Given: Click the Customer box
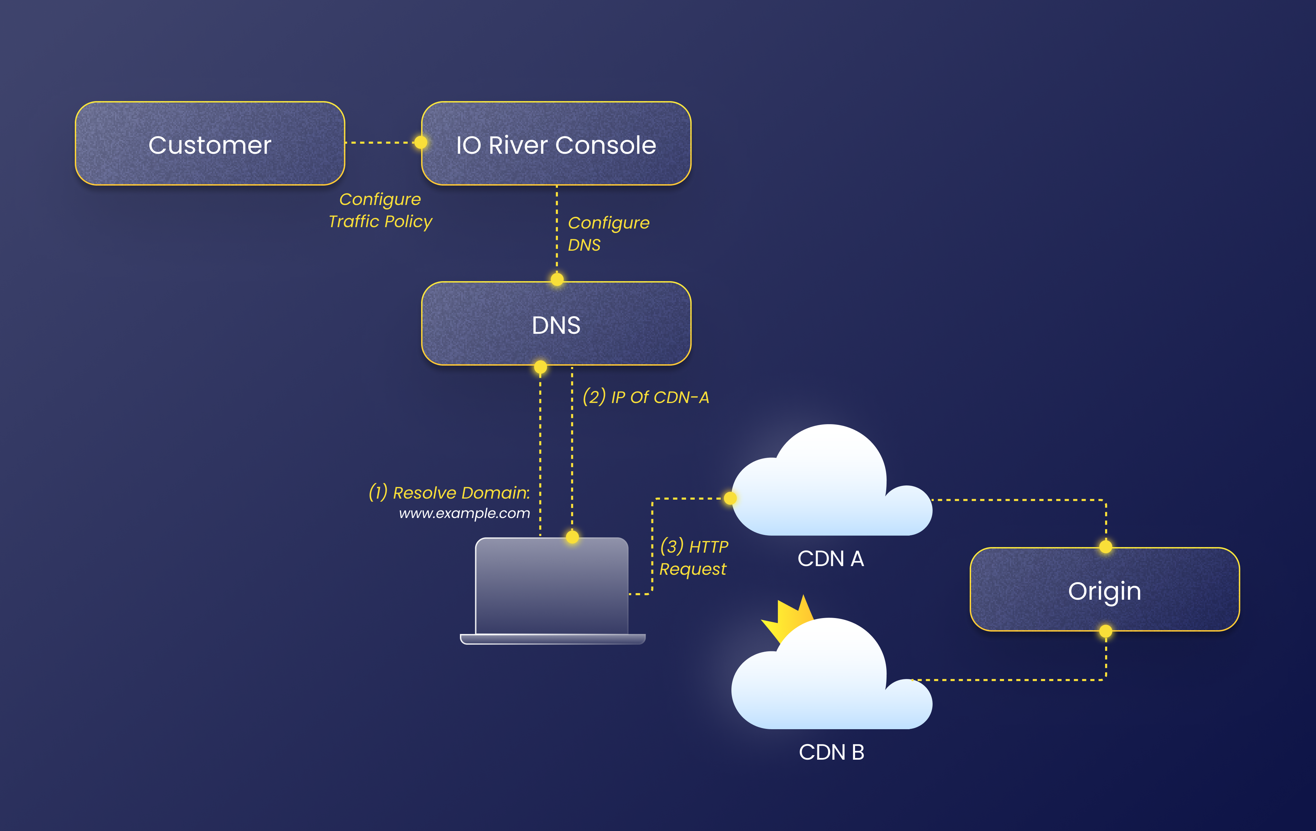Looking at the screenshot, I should tap(210, 144).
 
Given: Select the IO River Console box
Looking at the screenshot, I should tap(556, 144).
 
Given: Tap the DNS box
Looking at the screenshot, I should tap(556, 324).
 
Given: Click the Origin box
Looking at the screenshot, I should tap(1104, 590).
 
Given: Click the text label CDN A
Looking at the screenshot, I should tap(830, 559).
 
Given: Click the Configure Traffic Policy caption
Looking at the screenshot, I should tap(380, 210).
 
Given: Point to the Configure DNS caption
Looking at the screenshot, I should tap(608, 234).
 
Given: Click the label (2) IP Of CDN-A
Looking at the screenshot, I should tap(646, 397).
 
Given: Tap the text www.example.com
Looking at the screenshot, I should tap(464, 513).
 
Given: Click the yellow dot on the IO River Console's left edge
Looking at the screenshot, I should tap(421, 143).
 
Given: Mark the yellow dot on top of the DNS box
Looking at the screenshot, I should tap(557, 280).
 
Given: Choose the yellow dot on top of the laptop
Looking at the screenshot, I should tap(572, 537).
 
